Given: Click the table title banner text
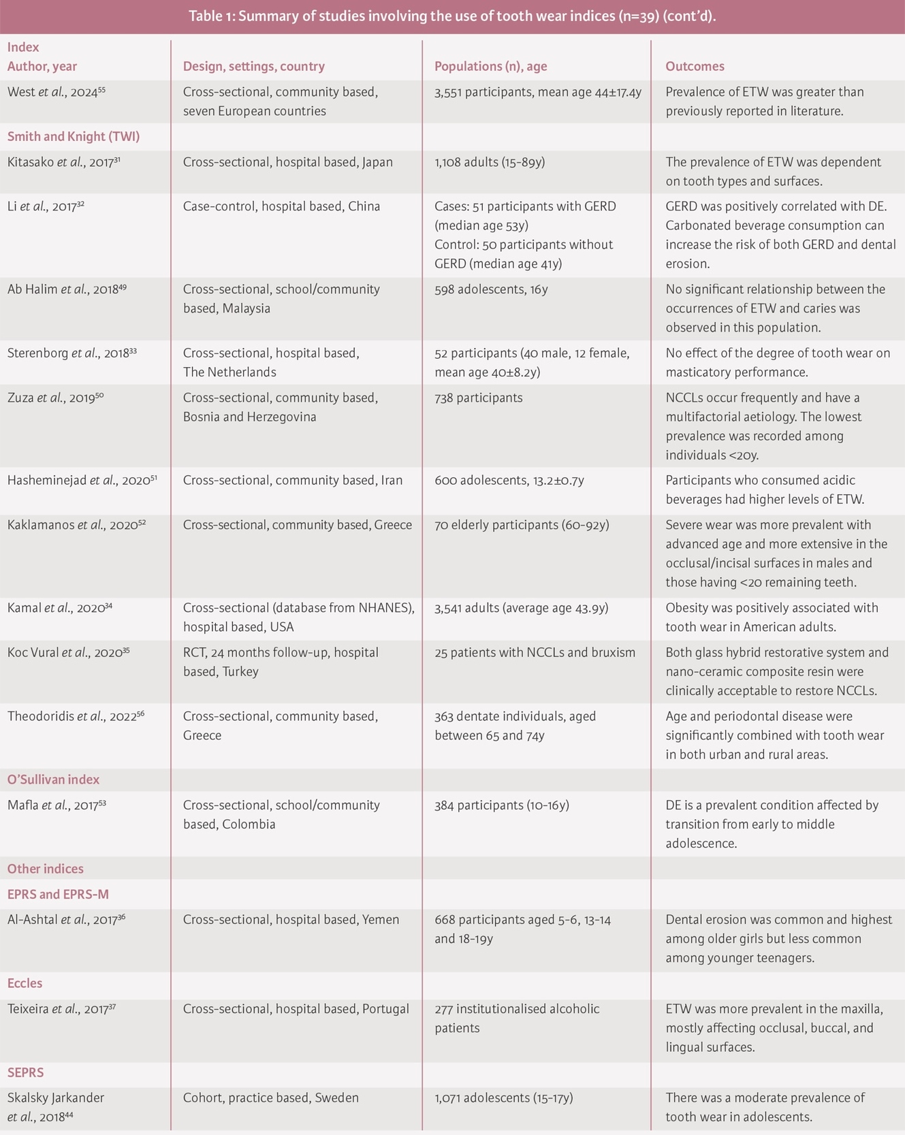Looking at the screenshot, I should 452,16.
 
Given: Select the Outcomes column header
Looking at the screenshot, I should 695,66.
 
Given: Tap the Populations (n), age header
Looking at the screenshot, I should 490,66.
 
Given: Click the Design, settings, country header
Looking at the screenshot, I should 253,66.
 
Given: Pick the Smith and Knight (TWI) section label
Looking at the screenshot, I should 74,136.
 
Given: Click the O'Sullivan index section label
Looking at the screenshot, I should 53,780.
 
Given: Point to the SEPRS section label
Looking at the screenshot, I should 25,1072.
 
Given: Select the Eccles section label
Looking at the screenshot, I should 25,983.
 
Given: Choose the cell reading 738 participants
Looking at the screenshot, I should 478,398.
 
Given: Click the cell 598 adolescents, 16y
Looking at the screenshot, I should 490,289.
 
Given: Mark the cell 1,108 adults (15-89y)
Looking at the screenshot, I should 489,162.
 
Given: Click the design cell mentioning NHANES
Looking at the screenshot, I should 298,608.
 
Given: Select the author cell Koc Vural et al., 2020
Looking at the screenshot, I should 68,652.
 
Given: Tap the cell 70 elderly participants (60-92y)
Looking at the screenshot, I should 522,525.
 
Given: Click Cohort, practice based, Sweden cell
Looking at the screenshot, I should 270,1098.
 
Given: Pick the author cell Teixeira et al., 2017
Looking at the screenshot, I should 61,1009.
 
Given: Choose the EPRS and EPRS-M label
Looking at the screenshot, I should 58,894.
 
